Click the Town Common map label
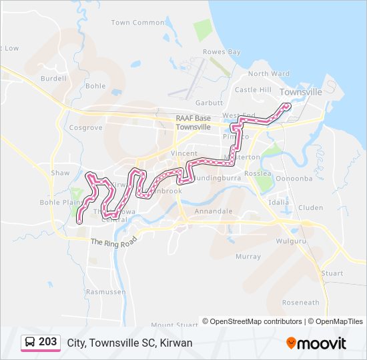tap(137, 23)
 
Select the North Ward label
tap(269, 74)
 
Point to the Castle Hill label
tap(253, 90)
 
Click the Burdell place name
tap(53, 78)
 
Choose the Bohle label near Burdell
tap(95, 86)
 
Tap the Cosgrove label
tap(85, 127)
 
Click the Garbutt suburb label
tap(209, 103)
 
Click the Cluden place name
tap(311, 207)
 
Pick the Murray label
tap(248, 257)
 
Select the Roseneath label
tap(300, 303)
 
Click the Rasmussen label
tap(105, 291)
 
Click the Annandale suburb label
tap(214, 211)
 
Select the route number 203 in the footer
tap(47, 342)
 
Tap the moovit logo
tap(316, 343)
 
